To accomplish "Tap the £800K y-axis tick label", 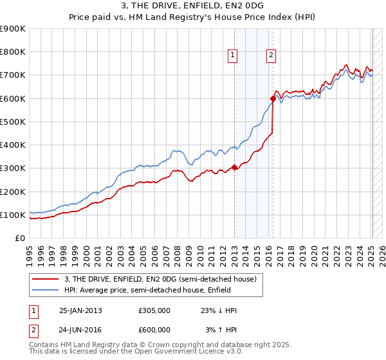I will (13, 52).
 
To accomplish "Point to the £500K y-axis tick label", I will (13, 122).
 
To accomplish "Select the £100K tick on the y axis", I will (13, 215).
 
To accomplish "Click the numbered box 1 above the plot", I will (232, 56).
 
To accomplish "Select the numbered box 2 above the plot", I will (271, 56).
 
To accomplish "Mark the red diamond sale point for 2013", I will (234, 167).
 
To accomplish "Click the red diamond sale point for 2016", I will (273, 99).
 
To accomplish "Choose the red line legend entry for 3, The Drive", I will (160, 279).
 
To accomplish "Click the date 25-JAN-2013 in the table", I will (80, 310).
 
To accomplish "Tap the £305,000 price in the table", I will (154, 310).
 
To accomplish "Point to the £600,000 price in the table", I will (154, 330).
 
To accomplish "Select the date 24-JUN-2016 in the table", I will (80, 330).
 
